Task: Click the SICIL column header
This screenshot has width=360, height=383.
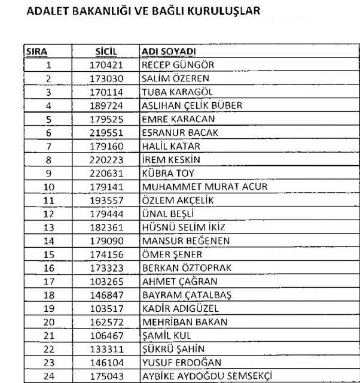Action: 106,52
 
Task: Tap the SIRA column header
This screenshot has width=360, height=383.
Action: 37,52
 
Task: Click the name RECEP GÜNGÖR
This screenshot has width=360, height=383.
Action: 178,65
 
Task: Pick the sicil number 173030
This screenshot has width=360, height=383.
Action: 106,78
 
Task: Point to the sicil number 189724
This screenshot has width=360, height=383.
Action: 106,105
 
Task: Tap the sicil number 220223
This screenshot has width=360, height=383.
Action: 106,160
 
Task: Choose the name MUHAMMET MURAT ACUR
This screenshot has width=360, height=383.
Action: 196,187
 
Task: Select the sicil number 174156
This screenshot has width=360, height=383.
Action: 106,254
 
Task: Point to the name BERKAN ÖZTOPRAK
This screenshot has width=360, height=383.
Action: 186,268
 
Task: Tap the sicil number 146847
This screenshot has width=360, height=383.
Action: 106,295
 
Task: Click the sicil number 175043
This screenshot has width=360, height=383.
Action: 106,376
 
